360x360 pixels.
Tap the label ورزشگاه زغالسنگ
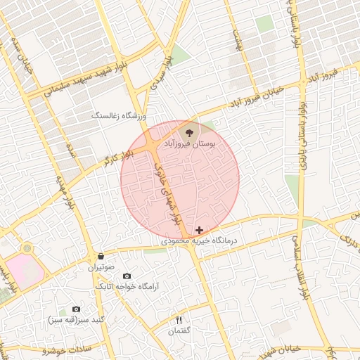point(118,115)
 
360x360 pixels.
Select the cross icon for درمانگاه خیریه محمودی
point(200,230)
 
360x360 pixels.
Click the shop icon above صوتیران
point(101,257)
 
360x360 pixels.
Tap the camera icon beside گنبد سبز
point(76,309)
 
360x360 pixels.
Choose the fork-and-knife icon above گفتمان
point(179,320)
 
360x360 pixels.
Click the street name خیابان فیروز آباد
point(257,96)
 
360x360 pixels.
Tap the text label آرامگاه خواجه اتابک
point(127,287)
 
